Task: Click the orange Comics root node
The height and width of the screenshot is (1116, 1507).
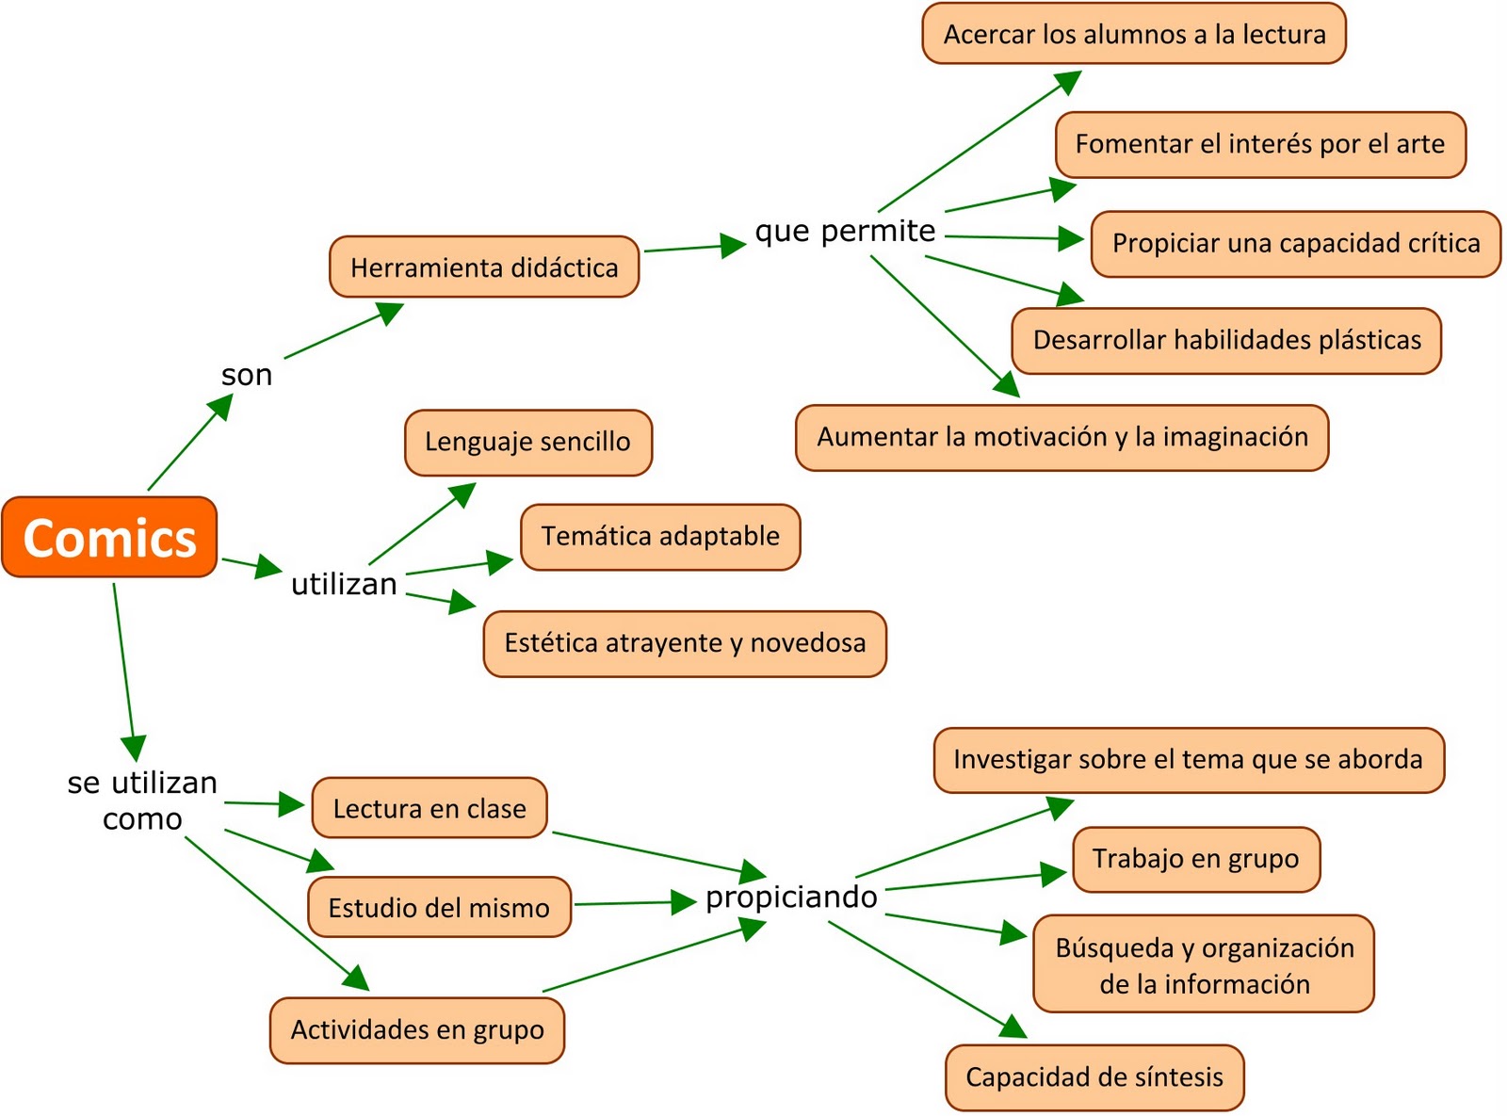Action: pos(109,538)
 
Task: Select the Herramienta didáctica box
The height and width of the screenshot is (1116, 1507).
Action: pos(484,267)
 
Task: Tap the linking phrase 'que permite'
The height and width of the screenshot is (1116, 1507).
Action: pos(845,231)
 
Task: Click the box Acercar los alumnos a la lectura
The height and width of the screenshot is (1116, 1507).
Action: pos(1134,35)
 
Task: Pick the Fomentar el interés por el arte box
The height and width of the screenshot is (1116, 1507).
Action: pos(1259,144)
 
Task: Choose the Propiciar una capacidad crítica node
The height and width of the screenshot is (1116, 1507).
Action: pos(1295,244)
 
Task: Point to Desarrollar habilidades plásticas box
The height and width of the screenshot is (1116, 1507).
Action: pos(1226,340)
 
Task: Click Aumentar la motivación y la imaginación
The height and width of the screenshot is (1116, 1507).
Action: pos(1061,437)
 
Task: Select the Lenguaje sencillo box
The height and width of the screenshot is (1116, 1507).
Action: pos(527,442)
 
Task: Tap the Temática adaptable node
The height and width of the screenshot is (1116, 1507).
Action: pos(659,537)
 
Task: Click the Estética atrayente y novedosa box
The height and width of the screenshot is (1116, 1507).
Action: pos(685,643)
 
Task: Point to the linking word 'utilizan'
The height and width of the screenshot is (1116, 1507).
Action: pos(344,584)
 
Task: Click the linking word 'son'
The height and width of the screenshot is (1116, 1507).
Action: pos(247,375)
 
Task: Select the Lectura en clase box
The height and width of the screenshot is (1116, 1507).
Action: pos(429,808)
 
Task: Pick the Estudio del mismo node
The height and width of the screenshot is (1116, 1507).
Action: pos(439,908)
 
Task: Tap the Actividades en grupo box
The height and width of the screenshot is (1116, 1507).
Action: pos(417,1029)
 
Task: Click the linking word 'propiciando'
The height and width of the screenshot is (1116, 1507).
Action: pos(791,897)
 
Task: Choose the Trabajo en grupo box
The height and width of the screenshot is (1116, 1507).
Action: pos(1195,859)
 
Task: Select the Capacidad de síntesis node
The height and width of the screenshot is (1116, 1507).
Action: pos(1094,1077)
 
